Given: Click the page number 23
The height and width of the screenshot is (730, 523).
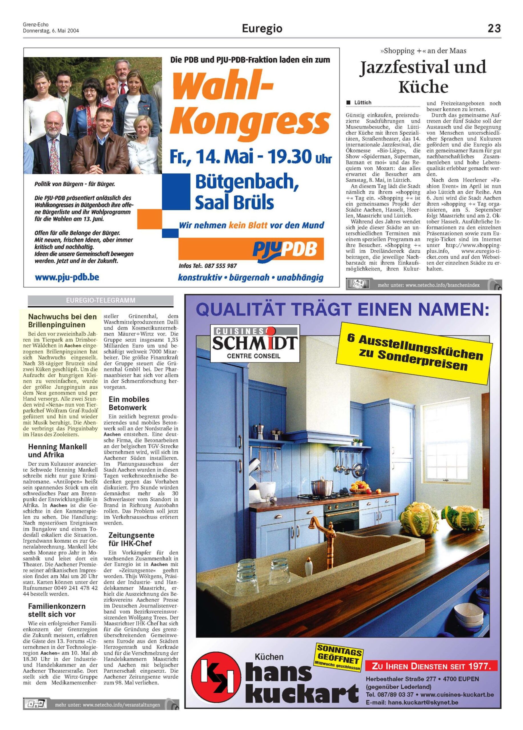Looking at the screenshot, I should pos(494,29).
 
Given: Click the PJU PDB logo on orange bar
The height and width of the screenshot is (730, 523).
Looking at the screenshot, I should pos(285,249).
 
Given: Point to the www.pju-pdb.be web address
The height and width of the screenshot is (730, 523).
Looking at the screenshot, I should pos(67,277).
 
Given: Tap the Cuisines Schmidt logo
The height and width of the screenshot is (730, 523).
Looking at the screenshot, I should pos(255,342).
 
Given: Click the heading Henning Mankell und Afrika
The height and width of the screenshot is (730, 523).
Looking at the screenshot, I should pos(57,451).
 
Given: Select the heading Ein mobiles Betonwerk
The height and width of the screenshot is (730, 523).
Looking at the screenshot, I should pos(129,403).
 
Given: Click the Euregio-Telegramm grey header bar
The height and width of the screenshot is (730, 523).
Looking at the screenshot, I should pos(100,300).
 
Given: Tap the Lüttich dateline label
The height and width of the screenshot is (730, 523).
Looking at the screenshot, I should pos(363,103).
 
